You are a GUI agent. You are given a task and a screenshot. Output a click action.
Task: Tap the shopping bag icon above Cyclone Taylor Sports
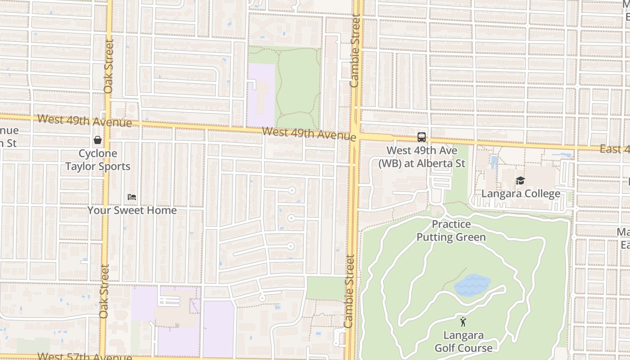pos(97,140)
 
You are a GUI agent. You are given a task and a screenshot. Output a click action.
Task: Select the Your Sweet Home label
pos(132,210)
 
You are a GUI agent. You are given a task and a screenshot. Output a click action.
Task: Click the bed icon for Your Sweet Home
pos(131,197)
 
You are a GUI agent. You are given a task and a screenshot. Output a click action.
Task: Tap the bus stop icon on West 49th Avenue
pos(421,137)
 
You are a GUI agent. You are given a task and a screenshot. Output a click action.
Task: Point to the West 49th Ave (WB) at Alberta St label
pos(422,157)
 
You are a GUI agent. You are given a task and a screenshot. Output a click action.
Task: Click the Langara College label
pos(521,193)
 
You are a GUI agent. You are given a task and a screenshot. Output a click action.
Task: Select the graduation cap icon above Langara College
pos(520,181)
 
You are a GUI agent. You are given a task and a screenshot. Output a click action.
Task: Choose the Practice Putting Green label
pos(451,230)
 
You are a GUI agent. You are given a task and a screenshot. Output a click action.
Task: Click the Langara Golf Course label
pos(463,342)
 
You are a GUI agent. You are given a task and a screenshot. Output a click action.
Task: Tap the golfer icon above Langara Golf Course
pos(463,322)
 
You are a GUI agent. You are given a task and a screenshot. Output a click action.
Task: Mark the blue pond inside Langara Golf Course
pos(472,285)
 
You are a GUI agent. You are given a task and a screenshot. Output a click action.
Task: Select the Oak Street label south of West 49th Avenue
pos(104,291)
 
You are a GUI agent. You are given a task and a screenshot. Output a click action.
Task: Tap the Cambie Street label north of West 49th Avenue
pos(355,51)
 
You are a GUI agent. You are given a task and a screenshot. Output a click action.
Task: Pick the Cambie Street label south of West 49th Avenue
pos(350,291)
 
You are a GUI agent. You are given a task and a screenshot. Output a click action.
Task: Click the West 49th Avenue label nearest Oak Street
pos(85,121)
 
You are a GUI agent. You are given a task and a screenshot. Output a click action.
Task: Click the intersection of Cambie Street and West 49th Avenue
pos(355,136)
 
